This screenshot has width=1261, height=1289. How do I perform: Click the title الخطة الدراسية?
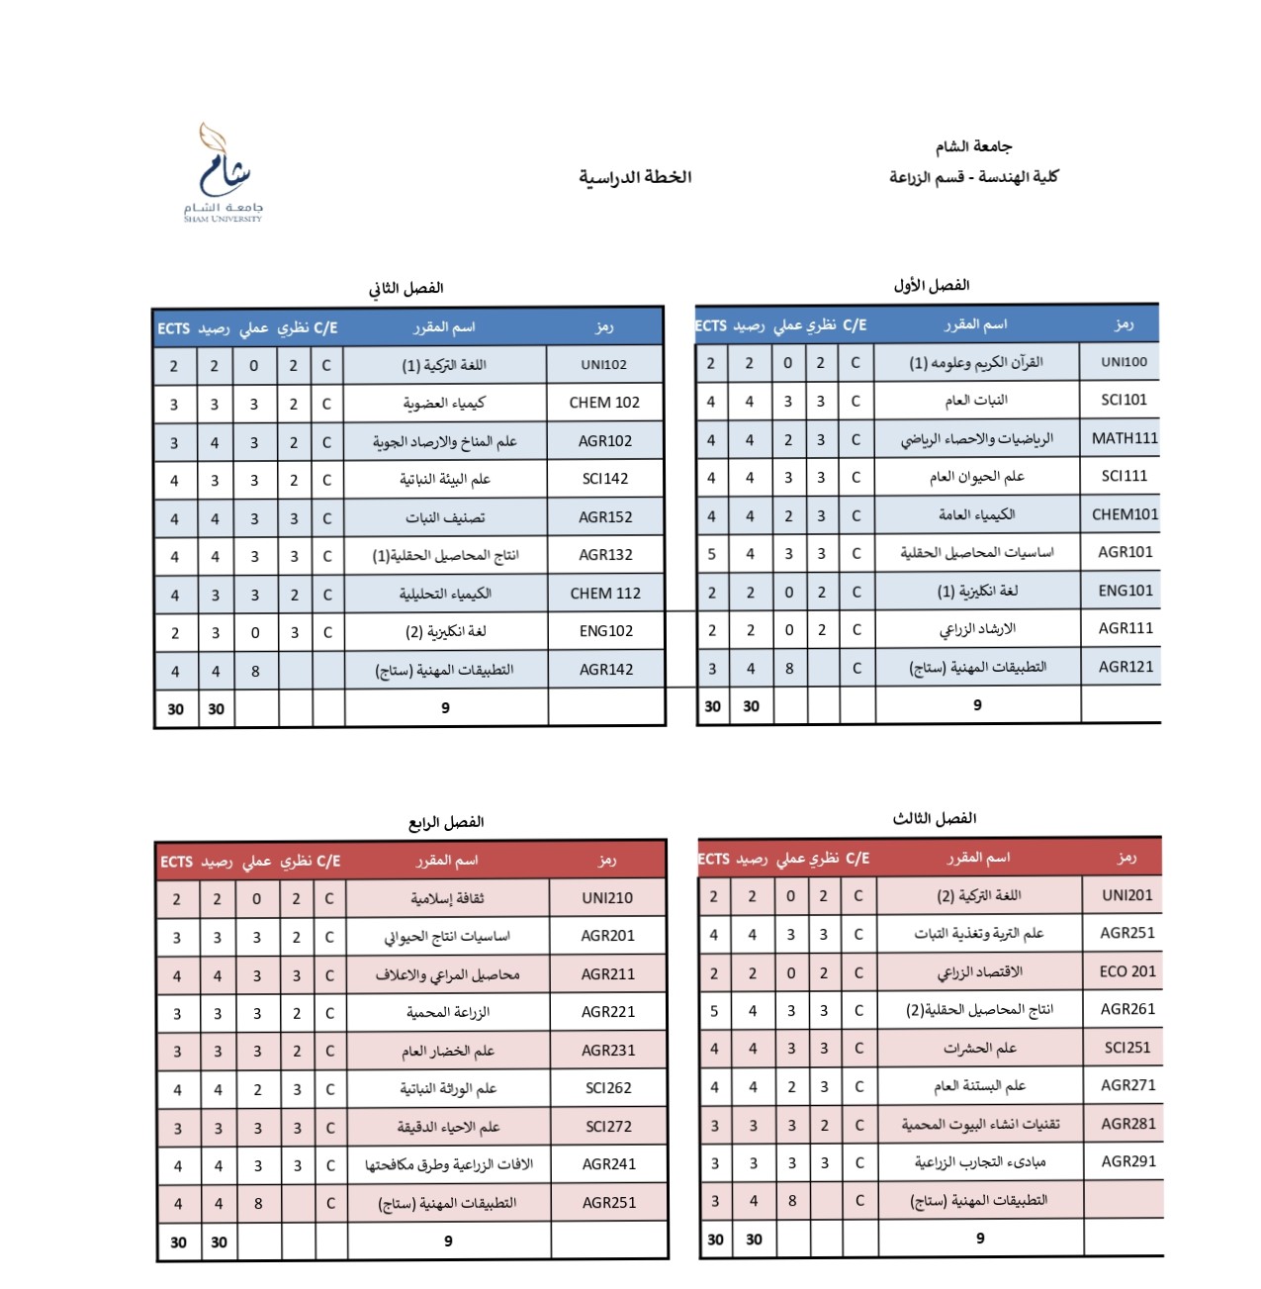point(635,177)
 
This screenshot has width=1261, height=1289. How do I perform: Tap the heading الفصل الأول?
point(931,285)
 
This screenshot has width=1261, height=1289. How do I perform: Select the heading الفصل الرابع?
point(446,822)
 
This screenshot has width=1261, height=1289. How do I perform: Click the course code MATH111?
point(1125,438)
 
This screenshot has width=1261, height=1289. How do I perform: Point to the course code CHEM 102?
point(604,403)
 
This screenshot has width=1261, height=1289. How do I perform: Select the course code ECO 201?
point(1127,971)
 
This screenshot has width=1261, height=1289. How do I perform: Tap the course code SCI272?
point(608,1127)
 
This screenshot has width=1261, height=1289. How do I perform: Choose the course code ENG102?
point(605,631)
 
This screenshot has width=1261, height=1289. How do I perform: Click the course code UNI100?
point(1125,362)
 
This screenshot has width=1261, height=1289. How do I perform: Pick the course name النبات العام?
point(976,401)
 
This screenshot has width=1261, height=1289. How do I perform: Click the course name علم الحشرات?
point(979,1048)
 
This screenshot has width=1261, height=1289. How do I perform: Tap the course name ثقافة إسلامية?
point(448,898)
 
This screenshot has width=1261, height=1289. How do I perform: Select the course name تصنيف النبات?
point(445,517)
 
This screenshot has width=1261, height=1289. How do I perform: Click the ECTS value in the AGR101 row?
point(711,554)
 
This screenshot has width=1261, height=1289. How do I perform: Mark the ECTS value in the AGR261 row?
point(714,1010)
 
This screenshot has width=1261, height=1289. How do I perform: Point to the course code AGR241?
point(609,1164)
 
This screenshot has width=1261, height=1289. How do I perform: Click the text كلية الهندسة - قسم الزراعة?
point(973,177)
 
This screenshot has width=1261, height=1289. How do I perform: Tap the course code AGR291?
point(1128,1161)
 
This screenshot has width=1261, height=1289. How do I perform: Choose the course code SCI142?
point(605,479)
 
